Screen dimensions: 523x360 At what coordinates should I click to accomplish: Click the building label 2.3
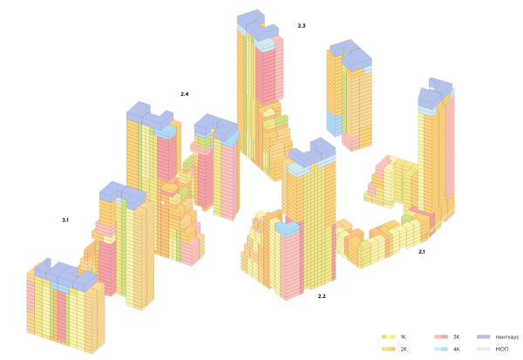point(302,25)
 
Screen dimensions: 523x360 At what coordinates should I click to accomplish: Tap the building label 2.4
point(185,94)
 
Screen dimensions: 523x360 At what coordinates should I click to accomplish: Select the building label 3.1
point(65,221)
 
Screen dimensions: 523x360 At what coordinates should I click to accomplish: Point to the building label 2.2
point(322,296)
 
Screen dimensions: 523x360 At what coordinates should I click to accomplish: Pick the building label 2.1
point(422,252)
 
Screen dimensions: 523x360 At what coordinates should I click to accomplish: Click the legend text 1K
point(404,337)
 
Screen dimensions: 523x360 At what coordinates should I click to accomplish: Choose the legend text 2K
point(404,349)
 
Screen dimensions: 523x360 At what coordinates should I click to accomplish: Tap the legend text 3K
point(456,337)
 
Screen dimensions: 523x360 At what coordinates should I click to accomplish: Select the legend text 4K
point(456,349)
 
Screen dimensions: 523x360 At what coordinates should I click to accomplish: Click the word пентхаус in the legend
point(507,337)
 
